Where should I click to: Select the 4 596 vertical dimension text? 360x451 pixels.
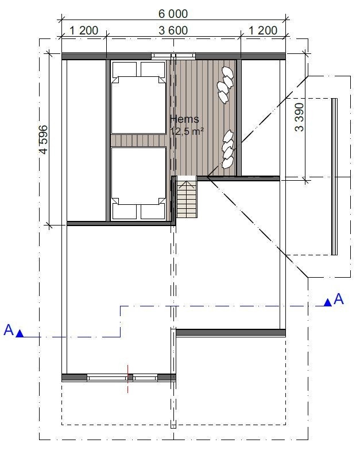pyautogui.click(x=44, y=140)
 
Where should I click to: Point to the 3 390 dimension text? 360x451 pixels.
pyautogui.click(x=299, y=118)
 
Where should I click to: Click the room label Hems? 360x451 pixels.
pyautogui.click(x=185, y=119)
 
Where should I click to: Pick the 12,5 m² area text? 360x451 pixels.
pyautogui.click(x=187, y=131)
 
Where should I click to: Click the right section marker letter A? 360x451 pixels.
pyautogui.click(x=338, y=298)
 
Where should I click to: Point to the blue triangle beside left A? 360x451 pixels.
pyautogui.click(x=20, y=333)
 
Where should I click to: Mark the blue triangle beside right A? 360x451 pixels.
pyautogui.click(x=327, y=302)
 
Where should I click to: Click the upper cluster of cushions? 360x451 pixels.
pyautogui.click(x=225, y=84)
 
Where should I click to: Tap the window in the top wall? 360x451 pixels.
pyautogui.click(x=173, y=56)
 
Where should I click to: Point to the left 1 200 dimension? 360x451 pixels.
pyautogui.click(x=84, y=30)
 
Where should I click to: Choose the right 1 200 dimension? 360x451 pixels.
pyautogui.click(x=262, y=30)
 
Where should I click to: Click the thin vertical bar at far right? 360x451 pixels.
pyautogui.click(x=334, y=176)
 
